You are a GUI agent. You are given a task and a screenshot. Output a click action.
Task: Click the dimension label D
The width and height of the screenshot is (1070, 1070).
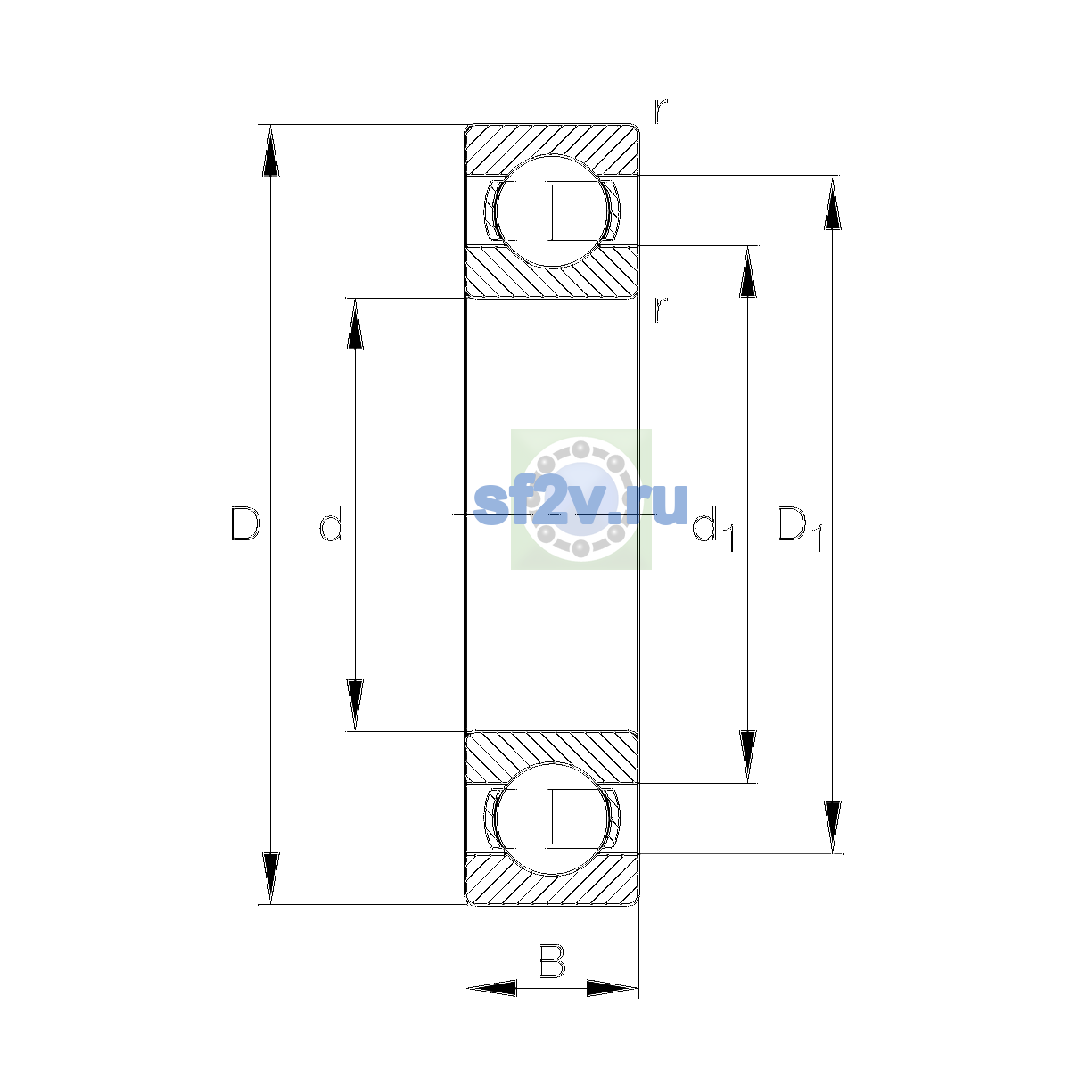click(245, 523)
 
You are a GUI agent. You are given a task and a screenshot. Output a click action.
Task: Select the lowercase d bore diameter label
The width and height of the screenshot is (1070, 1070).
click(332, 523)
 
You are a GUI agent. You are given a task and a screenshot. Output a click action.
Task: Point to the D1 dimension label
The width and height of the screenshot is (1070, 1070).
click(799, 528)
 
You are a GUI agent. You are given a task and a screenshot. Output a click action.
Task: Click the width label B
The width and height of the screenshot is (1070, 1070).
click(551, 960)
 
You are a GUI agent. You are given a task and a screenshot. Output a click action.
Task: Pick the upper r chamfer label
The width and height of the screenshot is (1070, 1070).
click(661, 111)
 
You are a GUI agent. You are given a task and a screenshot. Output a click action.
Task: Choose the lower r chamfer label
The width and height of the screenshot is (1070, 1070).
click(661, 309)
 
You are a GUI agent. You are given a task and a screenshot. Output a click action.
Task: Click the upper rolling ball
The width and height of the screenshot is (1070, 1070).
click(551, 211)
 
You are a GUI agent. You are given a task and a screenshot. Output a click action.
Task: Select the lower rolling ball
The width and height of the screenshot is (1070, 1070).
click(551, 819)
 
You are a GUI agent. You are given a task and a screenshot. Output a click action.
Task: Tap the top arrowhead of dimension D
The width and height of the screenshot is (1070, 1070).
click(270, 150)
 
